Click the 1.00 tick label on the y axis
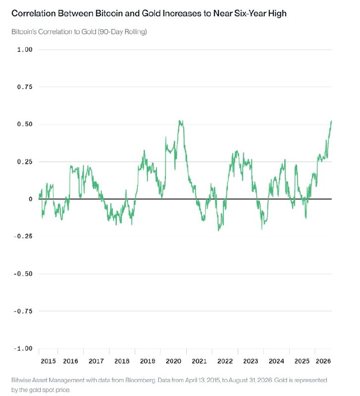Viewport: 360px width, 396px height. click(25, 49)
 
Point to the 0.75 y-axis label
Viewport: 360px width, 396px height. click(25, 87)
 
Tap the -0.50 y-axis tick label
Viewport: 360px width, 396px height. click(23, 274)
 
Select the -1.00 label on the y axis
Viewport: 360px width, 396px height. click(23, 348)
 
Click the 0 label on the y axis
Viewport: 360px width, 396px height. click(31, 199)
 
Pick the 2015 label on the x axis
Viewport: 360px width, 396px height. click(48, 361)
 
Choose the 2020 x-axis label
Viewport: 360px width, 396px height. click(173, 361)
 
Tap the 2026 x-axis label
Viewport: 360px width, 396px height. click(323, 361)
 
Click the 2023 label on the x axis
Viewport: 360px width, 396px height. click(251, 361)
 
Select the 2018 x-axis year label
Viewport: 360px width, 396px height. click(122, 361)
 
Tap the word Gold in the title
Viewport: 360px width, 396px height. click(151, 13)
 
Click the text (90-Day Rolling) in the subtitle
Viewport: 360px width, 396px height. click(122, 32)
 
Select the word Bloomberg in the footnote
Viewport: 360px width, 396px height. click(140, 380)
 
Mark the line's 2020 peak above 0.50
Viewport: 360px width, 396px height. click(180, 121)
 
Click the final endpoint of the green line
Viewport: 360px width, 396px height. click(331, 121)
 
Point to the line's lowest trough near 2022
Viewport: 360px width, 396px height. click(218, 230)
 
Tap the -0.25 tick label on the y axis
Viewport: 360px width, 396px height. click(23, 237)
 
